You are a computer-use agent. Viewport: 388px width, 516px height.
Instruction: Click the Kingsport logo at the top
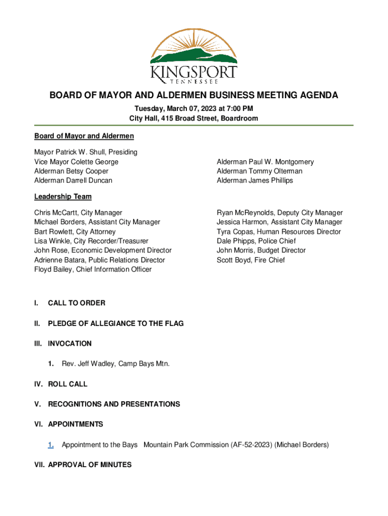pyautogui.click(x=193, y=55)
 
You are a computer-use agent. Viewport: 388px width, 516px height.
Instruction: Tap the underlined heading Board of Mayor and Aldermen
pyautogui.click(x=84, y=136)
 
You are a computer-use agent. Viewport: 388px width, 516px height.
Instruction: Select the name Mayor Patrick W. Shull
pyautogui.click(x=86, y=152)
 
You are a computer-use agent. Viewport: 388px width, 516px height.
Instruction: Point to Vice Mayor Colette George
pyautogui.click(x=76, y=162)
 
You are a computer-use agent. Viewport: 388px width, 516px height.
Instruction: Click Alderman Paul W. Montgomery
pyautogui.click(x=265, y=162)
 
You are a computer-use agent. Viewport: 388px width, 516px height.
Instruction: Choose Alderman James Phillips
pyautogui.click(x=254, y=180)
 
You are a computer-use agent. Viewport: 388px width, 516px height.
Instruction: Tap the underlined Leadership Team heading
pyautogui.click(x=62, y=197)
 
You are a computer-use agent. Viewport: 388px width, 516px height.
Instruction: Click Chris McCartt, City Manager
pyautogui.click(x=78, y=213)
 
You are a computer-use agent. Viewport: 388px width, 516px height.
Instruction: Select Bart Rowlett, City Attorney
pyautogui.click(x=75, y=232)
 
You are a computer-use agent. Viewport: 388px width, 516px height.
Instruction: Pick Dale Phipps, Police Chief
pyautogui.click(x=256, y=241)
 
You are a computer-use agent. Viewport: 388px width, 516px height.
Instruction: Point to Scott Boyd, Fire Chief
pyautogui.click(x=250, y=260)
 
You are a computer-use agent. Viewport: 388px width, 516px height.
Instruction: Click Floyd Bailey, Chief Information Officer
pyautogui.click(x=93, y=270)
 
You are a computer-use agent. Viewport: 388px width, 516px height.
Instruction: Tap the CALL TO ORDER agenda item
pyautogui.click(x=77, y=303)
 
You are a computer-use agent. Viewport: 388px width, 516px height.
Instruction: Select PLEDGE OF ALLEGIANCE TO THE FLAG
pyautogui.click(x=115, y=324)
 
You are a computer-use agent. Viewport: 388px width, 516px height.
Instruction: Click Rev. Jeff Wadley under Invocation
pyautogui.click(x=115, y=364)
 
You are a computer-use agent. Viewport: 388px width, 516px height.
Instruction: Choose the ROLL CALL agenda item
pyautogui.click(x=68, y=384)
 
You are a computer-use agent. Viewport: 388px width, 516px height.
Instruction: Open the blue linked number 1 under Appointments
pyautogui.click(x=50, y=444)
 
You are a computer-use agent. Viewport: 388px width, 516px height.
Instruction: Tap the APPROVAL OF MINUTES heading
pyautogui.click(x=90, y=465)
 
